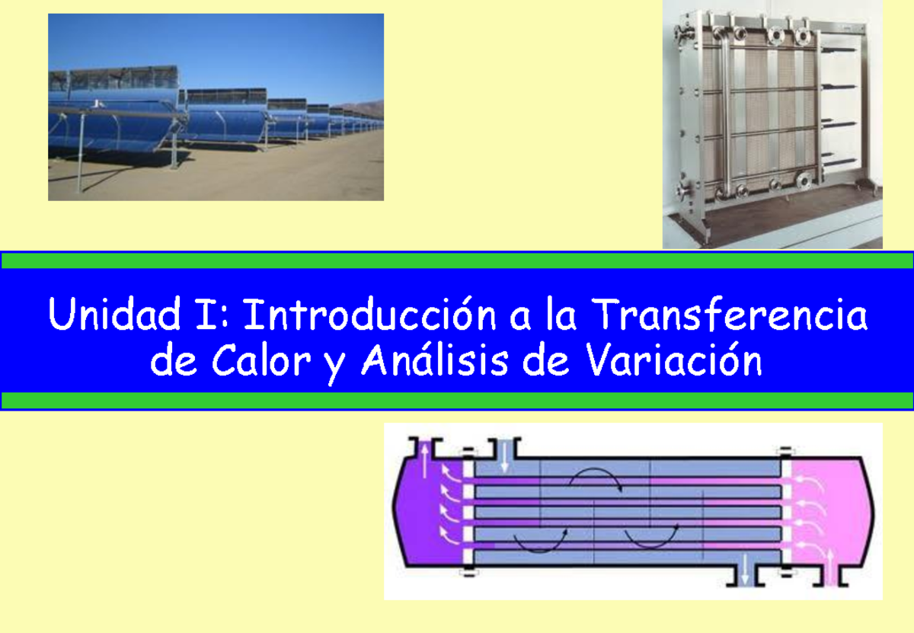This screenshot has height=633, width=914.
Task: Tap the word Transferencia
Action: pyautogui.click(x=729, y=315)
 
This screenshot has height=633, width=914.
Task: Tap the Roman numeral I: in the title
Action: pyautogui.click(x=202, y=315)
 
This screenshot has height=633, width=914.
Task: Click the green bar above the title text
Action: pyautogui.click(x=457, y=261)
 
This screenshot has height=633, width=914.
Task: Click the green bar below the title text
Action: pyautogui.click(x=457, y=401)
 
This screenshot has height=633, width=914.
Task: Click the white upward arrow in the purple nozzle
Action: pyautogui.click(x=425, y=460)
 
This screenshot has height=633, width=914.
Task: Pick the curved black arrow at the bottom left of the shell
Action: pyautogui.click(x=540, y=542)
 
